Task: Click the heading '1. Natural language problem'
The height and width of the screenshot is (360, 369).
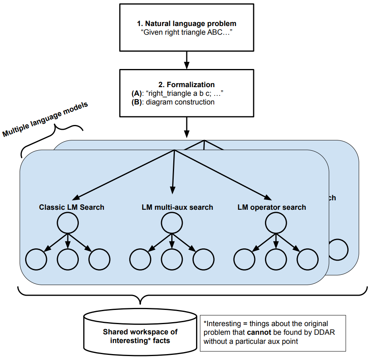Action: point(187,24)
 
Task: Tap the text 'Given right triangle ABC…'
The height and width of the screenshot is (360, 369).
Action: point(187,32)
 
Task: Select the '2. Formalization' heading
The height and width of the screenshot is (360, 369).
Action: point(187,85)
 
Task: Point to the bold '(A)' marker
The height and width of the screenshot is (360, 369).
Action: point(137,93)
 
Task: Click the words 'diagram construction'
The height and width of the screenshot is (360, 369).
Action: point(180,102)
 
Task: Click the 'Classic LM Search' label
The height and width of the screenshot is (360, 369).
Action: point(72,207)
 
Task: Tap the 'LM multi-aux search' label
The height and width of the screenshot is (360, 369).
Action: point(178,207)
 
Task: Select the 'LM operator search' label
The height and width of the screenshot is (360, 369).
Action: point(272,207)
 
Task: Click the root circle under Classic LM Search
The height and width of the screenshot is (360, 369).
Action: point(68,223)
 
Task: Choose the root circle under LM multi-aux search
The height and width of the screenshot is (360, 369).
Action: point(172,223)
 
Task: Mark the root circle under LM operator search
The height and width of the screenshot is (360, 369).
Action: point(276,223)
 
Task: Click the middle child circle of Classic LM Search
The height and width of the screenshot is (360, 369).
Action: point(68,259)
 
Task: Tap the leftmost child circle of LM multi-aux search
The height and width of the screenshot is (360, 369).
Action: point(140,259)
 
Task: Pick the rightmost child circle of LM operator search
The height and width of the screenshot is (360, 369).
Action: point(308,259)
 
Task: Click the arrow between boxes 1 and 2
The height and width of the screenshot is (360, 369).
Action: point(187,60)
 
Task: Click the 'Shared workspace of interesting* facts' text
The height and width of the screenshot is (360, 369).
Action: point(140,336)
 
